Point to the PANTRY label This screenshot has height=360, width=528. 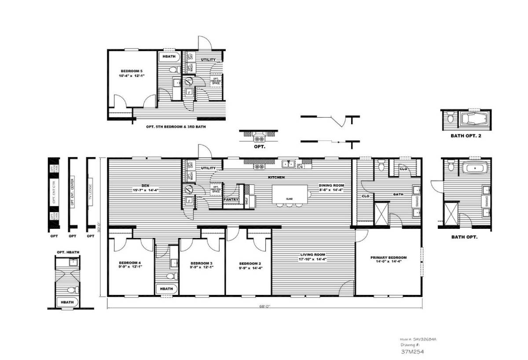[231, 199]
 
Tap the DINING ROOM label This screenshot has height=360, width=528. [331, 186]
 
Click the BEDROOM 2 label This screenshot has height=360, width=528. [248, 265]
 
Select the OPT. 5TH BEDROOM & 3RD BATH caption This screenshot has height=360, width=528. [176, 126]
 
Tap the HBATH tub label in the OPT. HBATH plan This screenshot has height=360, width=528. [67, 302]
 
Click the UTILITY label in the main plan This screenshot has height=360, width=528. [208, 168]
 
